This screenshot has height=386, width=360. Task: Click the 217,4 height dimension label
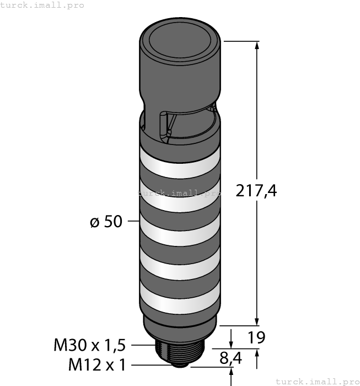[256, 191]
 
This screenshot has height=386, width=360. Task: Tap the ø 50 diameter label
[106, 221]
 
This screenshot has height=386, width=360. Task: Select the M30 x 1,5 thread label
[89, 345]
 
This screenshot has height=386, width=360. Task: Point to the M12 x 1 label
[97, 364]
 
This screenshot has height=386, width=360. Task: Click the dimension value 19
[256, 337]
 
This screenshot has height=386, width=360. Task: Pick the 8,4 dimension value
[230, 358]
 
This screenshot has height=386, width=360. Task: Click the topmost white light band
[180, 163]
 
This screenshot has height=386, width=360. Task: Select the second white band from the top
[180, 197]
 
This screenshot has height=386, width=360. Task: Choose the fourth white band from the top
[180, 265]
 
